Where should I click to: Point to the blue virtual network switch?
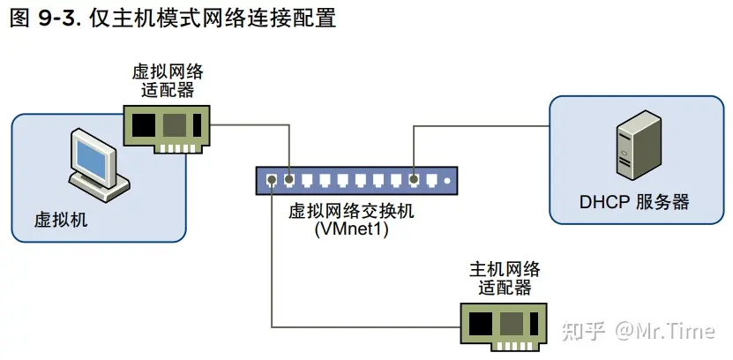point(358,181)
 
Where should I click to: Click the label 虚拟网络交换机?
point(350,212)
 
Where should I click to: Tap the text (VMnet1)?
point(351,229)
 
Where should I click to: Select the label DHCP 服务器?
point(633,202)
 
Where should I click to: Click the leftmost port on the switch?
point(272,181)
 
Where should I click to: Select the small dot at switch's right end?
point(447,181)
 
